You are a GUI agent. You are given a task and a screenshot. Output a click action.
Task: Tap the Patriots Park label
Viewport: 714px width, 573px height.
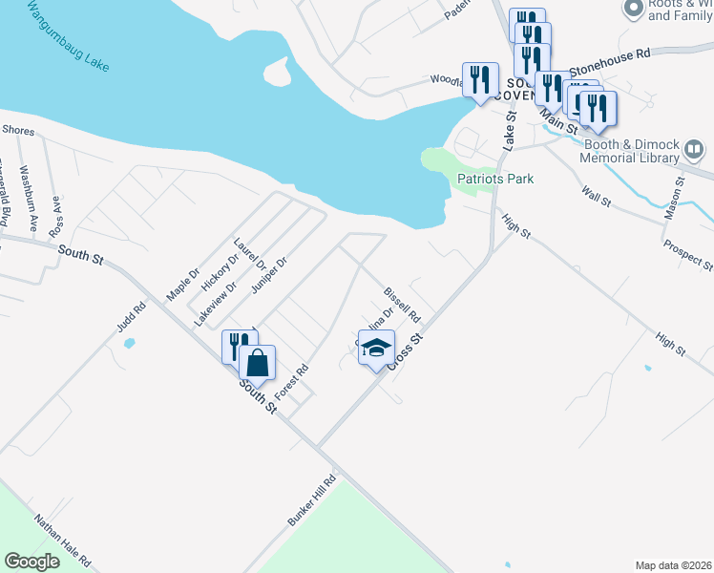[494, 179]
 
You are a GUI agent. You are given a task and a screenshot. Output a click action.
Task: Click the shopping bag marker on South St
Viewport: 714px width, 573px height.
[257, 363]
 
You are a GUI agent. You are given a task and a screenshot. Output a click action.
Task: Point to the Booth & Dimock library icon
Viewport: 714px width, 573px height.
[694, 150]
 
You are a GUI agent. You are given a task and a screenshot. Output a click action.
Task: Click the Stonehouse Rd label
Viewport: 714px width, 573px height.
[609, 63]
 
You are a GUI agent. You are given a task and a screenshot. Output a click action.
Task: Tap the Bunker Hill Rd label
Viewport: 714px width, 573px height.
[313, 498]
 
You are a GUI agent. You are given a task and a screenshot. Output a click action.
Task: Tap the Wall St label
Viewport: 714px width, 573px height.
[596, 197]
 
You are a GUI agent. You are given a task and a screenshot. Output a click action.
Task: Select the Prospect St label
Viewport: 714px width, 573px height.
[687, 249]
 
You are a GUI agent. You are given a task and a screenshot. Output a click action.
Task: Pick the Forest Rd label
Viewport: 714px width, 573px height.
[292, 382]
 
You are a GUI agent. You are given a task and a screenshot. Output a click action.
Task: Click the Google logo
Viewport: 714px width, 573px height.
[31, 562]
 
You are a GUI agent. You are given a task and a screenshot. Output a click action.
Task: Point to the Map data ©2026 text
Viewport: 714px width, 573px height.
[672, 565]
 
